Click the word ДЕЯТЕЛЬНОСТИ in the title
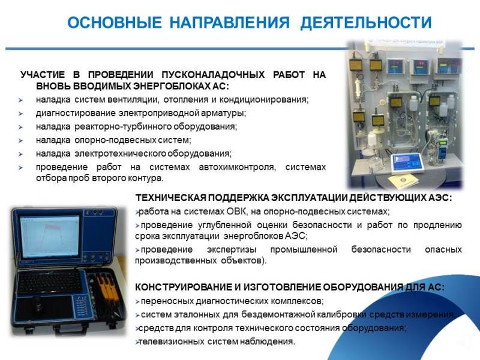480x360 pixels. tap(366, 23)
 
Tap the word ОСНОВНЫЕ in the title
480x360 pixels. tap(115, 23)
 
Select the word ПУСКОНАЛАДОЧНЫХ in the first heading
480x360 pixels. tap(213, 74)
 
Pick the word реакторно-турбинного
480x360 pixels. tap(119, 127)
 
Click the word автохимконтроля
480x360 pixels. tap(238, 167)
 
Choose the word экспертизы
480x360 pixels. tap(232, 250)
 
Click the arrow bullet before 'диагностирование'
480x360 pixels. tap(20, 113)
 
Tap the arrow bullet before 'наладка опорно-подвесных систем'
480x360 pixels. tap(20, 140)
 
